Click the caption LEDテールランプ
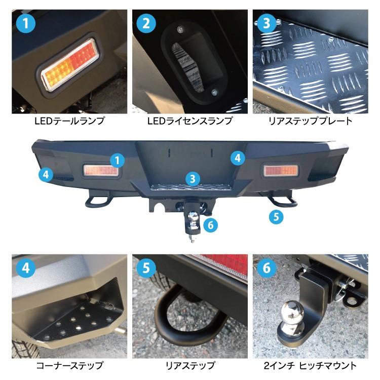click(69, 121)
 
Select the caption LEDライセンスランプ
click(190, 121)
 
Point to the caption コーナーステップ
click(69, 365)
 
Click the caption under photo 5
click(190, 365)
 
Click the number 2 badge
click(146, 23)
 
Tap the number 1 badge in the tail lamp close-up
click(25, 23)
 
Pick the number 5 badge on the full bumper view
click(276, 217)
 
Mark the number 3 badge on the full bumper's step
click(192, 178)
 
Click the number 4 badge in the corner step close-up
click(25, 268)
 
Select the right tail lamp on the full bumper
click(279, 170)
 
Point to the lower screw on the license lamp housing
click(214, 92)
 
